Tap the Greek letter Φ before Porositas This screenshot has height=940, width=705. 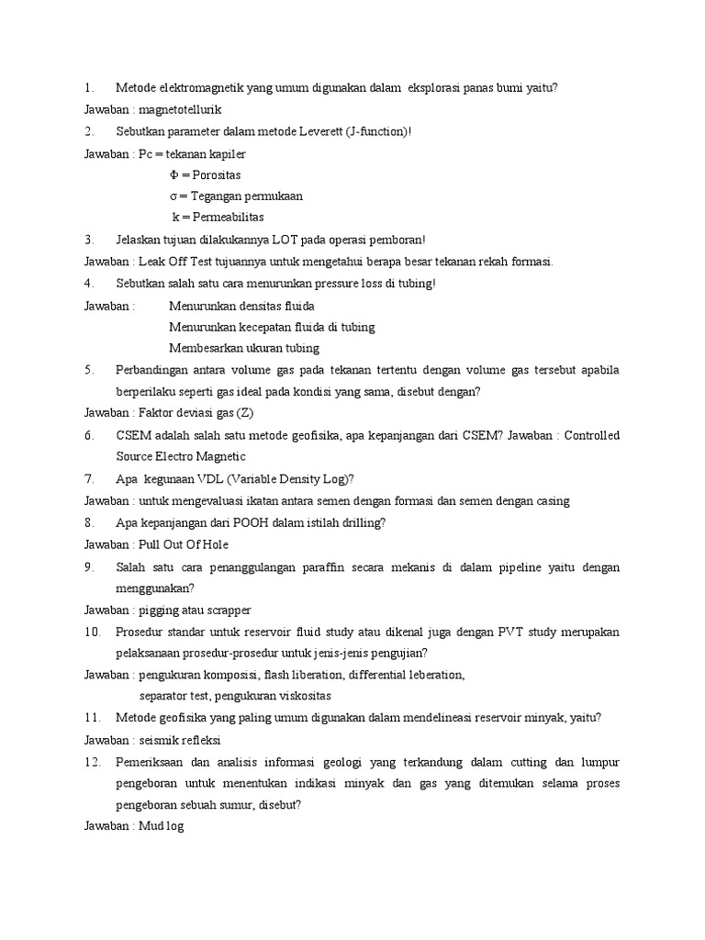click(173, 174)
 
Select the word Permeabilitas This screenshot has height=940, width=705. click(224, 218)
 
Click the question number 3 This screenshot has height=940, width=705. click(87, 240)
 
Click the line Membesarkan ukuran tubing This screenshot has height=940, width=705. click(244, 348)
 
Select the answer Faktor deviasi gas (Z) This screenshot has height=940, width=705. click(189, 413)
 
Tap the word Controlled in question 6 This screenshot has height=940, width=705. click(592, 435)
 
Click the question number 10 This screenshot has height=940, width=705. click(91, 632)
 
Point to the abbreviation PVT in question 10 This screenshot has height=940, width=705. click(512, 632)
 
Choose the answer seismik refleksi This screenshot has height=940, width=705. click(181, 740)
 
